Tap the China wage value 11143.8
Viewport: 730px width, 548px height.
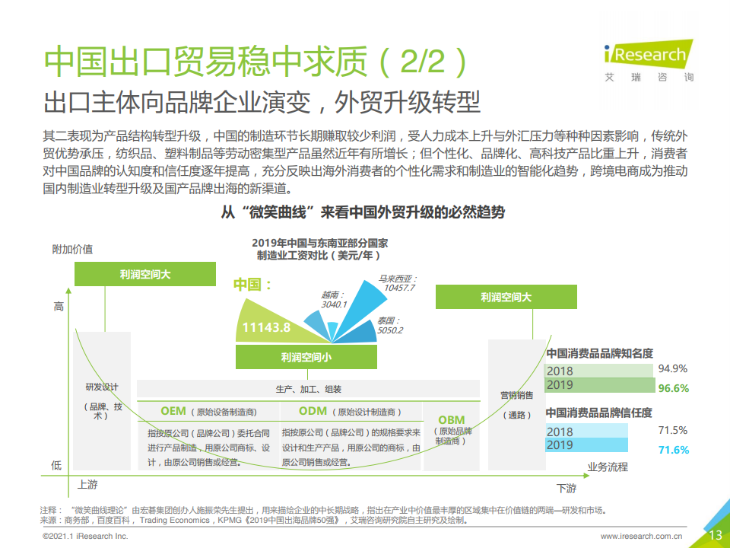point(266,327)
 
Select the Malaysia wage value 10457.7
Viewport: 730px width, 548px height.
point(399,288)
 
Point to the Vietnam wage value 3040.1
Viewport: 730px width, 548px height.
point(334,304)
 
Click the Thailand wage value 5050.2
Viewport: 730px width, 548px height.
point(390,331)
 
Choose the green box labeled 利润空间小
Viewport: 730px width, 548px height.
point(306,357)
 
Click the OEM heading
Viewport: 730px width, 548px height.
point(173,411)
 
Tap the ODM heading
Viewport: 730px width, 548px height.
point(313,411)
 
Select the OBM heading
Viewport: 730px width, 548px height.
point(452,420)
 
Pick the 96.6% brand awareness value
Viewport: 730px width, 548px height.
point(673,388)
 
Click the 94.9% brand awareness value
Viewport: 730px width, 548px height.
point(673,368)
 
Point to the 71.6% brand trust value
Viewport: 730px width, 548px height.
point(673,450)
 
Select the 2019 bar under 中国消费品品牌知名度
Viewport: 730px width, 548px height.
point(600,385)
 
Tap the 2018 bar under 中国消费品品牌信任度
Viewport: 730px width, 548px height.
point(586,431)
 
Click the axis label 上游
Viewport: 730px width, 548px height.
point(87,485)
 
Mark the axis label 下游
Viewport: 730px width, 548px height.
point(567,489)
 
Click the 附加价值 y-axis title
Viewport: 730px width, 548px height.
point(73,250)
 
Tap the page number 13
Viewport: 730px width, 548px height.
point(716,535)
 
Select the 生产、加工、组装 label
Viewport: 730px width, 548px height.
point(308,389)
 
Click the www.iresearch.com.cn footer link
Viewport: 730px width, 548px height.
point(641,537)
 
